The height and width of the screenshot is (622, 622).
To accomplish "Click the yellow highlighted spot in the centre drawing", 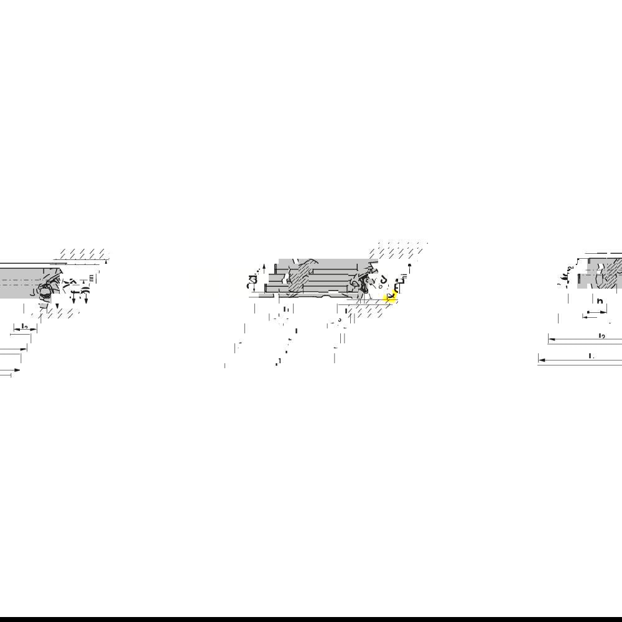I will (390, 297).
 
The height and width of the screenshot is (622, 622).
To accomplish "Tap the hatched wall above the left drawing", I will (81, 254).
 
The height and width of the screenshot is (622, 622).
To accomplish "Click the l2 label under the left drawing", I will (24, 327).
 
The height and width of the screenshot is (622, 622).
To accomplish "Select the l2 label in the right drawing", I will (601, 336).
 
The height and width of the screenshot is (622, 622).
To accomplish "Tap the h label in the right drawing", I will (600, 301).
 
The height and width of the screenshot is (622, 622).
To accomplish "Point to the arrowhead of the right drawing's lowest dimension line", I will (541, 360).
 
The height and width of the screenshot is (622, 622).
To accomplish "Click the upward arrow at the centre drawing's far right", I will (409, 266).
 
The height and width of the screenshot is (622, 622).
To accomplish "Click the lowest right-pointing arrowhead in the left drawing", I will (17, 371).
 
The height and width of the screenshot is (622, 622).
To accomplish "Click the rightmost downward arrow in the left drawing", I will (86, 302).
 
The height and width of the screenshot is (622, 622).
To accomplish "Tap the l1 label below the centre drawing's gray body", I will (286, 310).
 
